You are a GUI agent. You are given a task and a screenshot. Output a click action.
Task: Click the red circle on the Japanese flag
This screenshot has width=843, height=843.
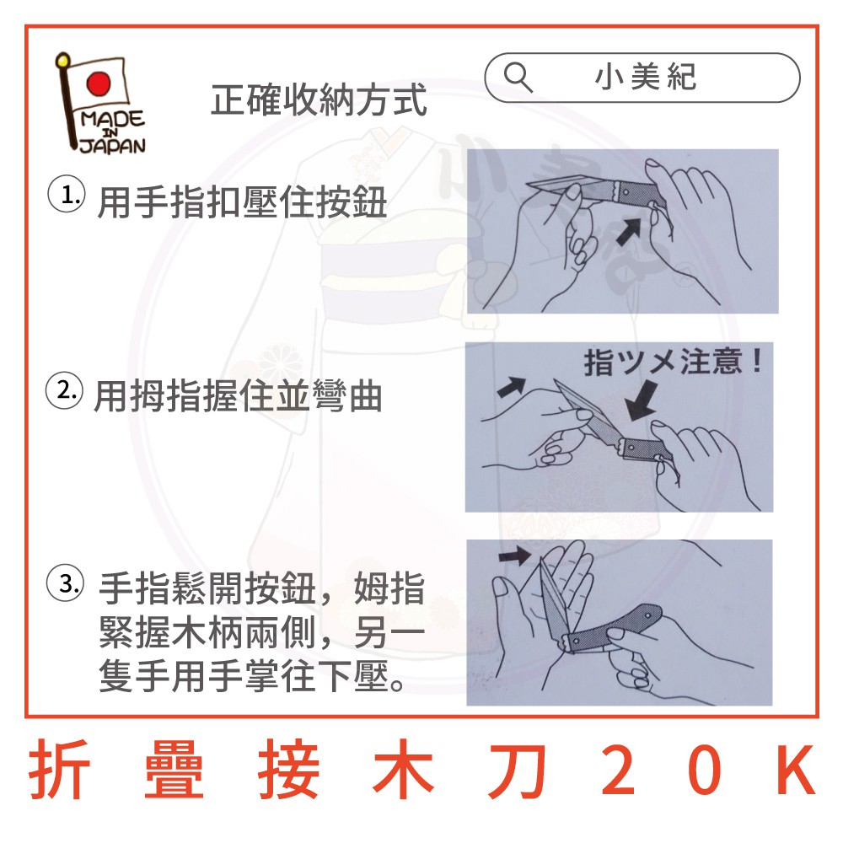(98, 83)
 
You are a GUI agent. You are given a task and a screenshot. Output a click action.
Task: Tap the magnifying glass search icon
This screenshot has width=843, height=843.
(518, 77)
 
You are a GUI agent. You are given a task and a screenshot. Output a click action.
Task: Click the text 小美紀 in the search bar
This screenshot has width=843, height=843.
(646, 77)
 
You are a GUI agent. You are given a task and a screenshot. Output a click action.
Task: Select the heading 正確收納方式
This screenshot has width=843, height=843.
(319, 100)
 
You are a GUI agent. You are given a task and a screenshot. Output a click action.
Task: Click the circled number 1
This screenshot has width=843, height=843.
(66, 194)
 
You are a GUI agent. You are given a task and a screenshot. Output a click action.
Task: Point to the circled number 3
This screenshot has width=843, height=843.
(66, 583)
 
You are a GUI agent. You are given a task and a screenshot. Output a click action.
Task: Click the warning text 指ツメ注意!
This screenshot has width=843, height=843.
(673, 362)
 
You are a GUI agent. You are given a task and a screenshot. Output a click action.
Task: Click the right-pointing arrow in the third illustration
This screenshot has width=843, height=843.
(515, 555)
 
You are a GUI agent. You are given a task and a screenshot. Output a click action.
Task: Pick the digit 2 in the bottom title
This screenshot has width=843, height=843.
(618, 770)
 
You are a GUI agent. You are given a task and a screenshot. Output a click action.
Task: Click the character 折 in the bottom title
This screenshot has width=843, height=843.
(59, 770)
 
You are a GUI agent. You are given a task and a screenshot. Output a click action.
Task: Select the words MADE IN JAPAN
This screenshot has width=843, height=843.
(112, 132)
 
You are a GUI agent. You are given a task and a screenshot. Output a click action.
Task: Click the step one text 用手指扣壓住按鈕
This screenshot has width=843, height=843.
(242, 202)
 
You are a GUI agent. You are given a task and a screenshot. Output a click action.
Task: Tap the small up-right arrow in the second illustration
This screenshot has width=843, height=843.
(511, 387)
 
